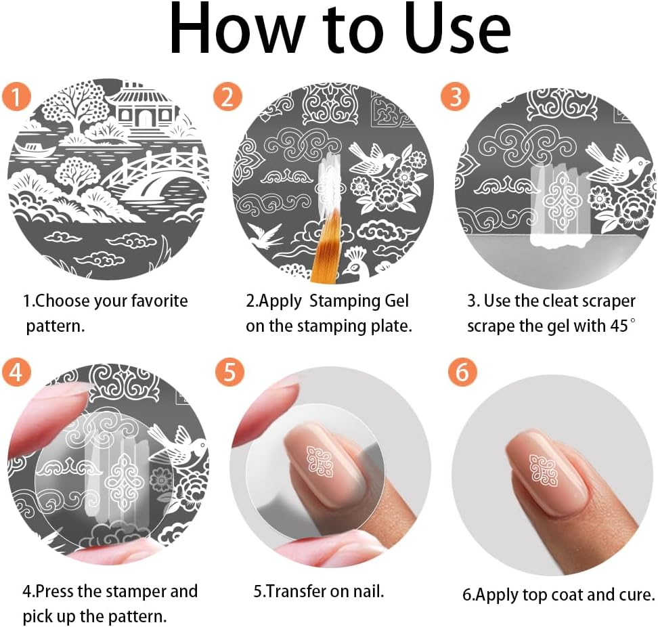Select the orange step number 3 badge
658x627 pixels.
click(455, 97)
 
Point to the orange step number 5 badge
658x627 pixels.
click(230, 372)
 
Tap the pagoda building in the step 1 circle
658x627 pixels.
click(144, 108)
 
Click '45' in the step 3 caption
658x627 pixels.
click(617, 325)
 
